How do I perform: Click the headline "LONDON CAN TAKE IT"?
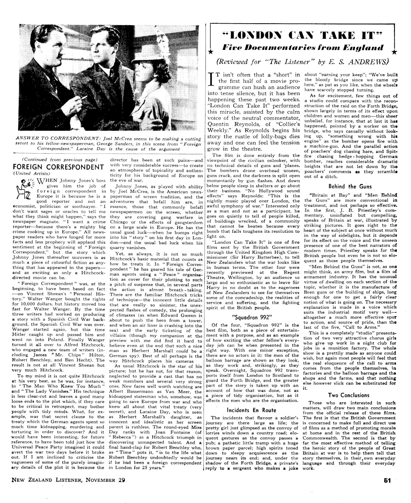tap(304, 36)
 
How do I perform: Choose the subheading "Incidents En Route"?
tap(252, 410)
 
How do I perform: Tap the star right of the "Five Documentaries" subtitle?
tap(394, 51)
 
